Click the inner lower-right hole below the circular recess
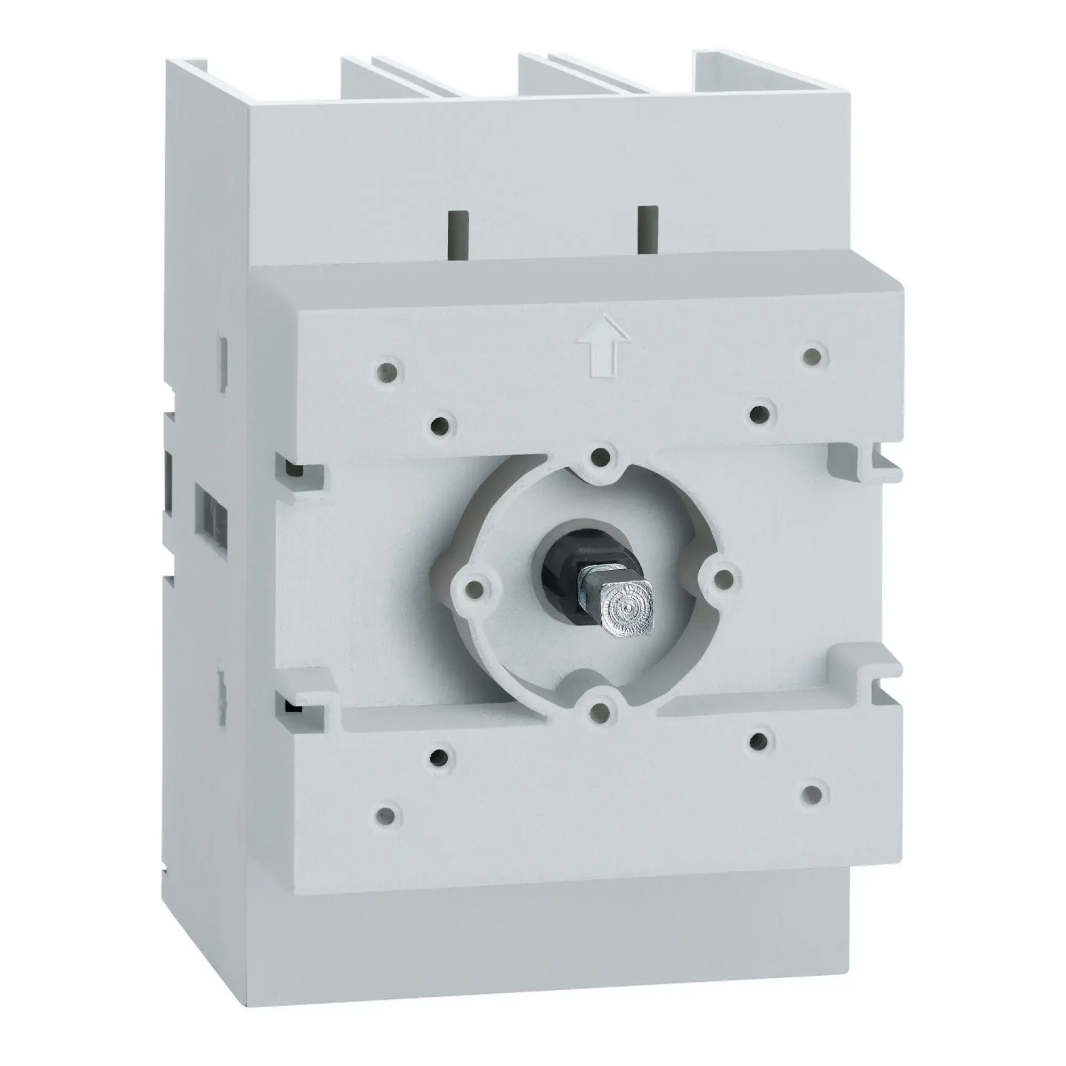click(x=758, y=741)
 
